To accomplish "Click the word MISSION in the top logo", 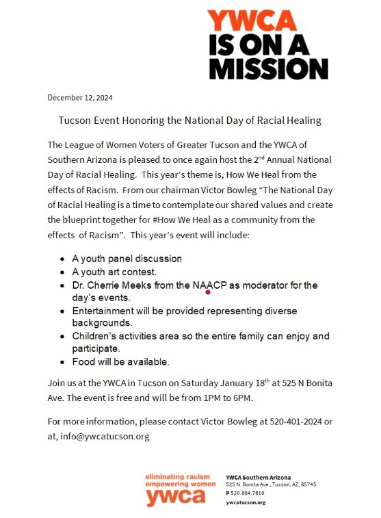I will point(268,68).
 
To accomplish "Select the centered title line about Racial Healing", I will point(189,121).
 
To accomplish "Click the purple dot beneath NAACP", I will point(207,292).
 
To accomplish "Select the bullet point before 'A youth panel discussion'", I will point(63,259).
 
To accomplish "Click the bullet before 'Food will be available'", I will point(63,361).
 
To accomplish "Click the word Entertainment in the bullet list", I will point(106,311).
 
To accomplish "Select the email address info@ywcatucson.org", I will point(105,436).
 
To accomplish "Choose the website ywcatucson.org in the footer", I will point(246,502).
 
